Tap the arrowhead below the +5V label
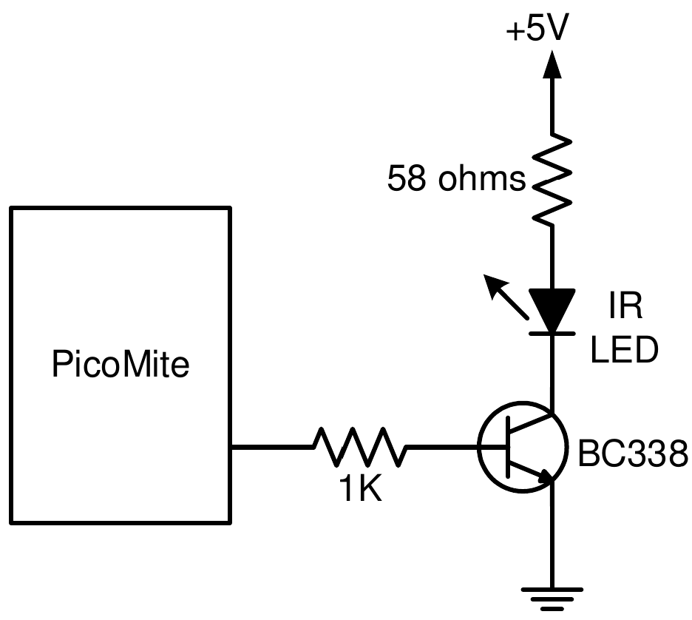[x=551, y=66]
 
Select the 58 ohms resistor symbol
[x=551, y=179]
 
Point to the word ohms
[x=481, y=180]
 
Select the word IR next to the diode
[x=625, y=306]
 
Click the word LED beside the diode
[x=625, y=351]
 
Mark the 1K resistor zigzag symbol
[x=360, y=447]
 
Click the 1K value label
[x=360, y=489]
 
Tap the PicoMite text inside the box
[x=121, y=365]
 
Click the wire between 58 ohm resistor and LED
[x=551, y=255]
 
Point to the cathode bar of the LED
[x=551, y=334]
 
